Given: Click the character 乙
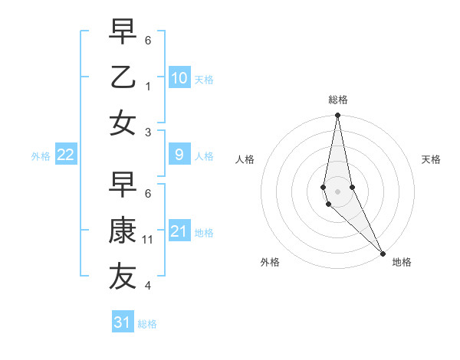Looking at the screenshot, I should click(123, 77).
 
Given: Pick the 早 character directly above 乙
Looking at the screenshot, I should click(123, 32).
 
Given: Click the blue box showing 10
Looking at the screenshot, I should click(179, 77).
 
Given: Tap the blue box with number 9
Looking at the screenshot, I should click(179, 155).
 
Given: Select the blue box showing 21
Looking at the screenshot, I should click(179, 231).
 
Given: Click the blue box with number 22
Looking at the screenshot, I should click(66, 155).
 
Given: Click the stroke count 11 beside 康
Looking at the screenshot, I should click(148, 240).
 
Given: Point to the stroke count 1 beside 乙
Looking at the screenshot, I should click(148, 87).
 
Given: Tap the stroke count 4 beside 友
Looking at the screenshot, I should click(148, 286).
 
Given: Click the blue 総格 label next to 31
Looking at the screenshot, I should click(147, 324).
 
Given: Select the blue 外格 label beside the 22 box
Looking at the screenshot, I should click(41, 156).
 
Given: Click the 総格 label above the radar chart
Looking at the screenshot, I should click(338, 100).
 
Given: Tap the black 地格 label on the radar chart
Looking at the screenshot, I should click(402, 262).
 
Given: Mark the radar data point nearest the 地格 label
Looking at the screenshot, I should click(382, 253).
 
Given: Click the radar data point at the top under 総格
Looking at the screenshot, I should click(337, 116).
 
